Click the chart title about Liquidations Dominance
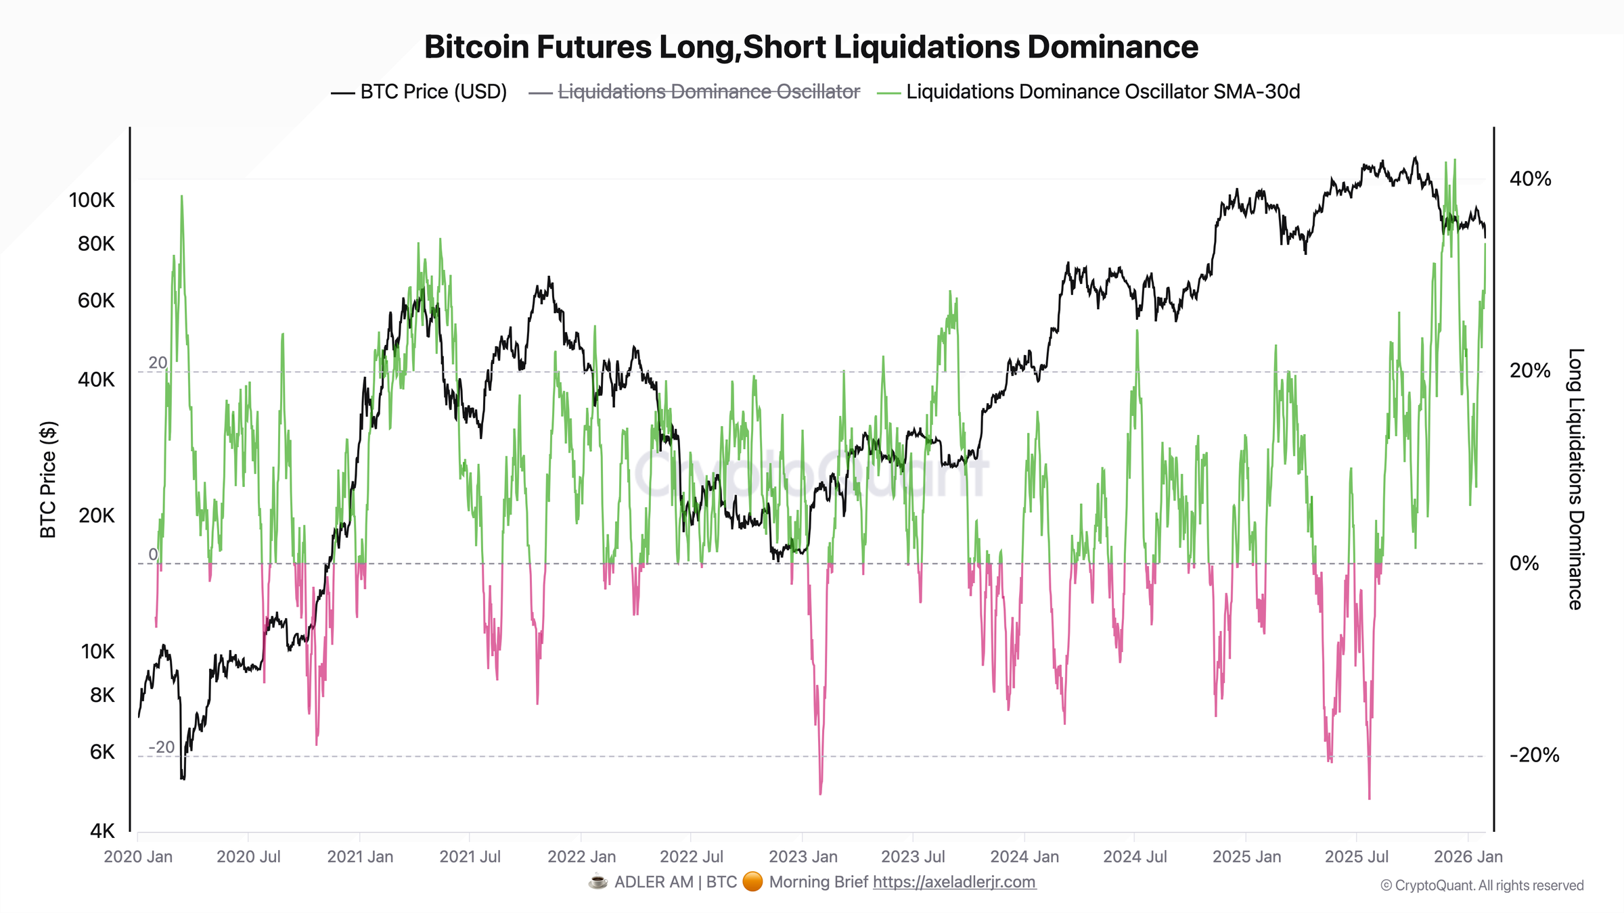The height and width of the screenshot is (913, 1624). [811, 47]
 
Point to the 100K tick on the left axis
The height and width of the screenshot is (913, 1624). [92, 200]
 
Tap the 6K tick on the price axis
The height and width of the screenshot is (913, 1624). [102, 752]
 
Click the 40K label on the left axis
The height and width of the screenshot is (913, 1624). [96, 379]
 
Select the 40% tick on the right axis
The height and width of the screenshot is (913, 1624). [1530, 179]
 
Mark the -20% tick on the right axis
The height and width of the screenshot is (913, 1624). [1534, 755]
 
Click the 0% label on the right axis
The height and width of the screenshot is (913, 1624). [1524, 563]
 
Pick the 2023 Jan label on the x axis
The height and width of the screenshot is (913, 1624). [803, 857]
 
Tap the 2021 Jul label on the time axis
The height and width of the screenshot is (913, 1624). [470, 857]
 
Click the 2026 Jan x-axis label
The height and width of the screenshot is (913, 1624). [1468, 857]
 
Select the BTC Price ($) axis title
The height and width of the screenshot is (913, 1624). [48, 479]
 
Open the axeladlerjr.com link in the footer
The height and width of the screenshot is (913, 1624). [954, 882]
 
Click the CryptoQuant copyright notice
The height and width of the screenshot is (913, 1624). [1482, 886]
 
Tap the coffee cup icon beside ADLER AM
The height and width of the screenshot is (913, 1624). [597, 882]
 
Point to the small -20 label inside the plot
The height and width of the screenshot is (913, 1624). [161, 747]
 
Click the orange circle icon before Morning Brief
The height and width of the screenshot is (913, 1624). [752, 882]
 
